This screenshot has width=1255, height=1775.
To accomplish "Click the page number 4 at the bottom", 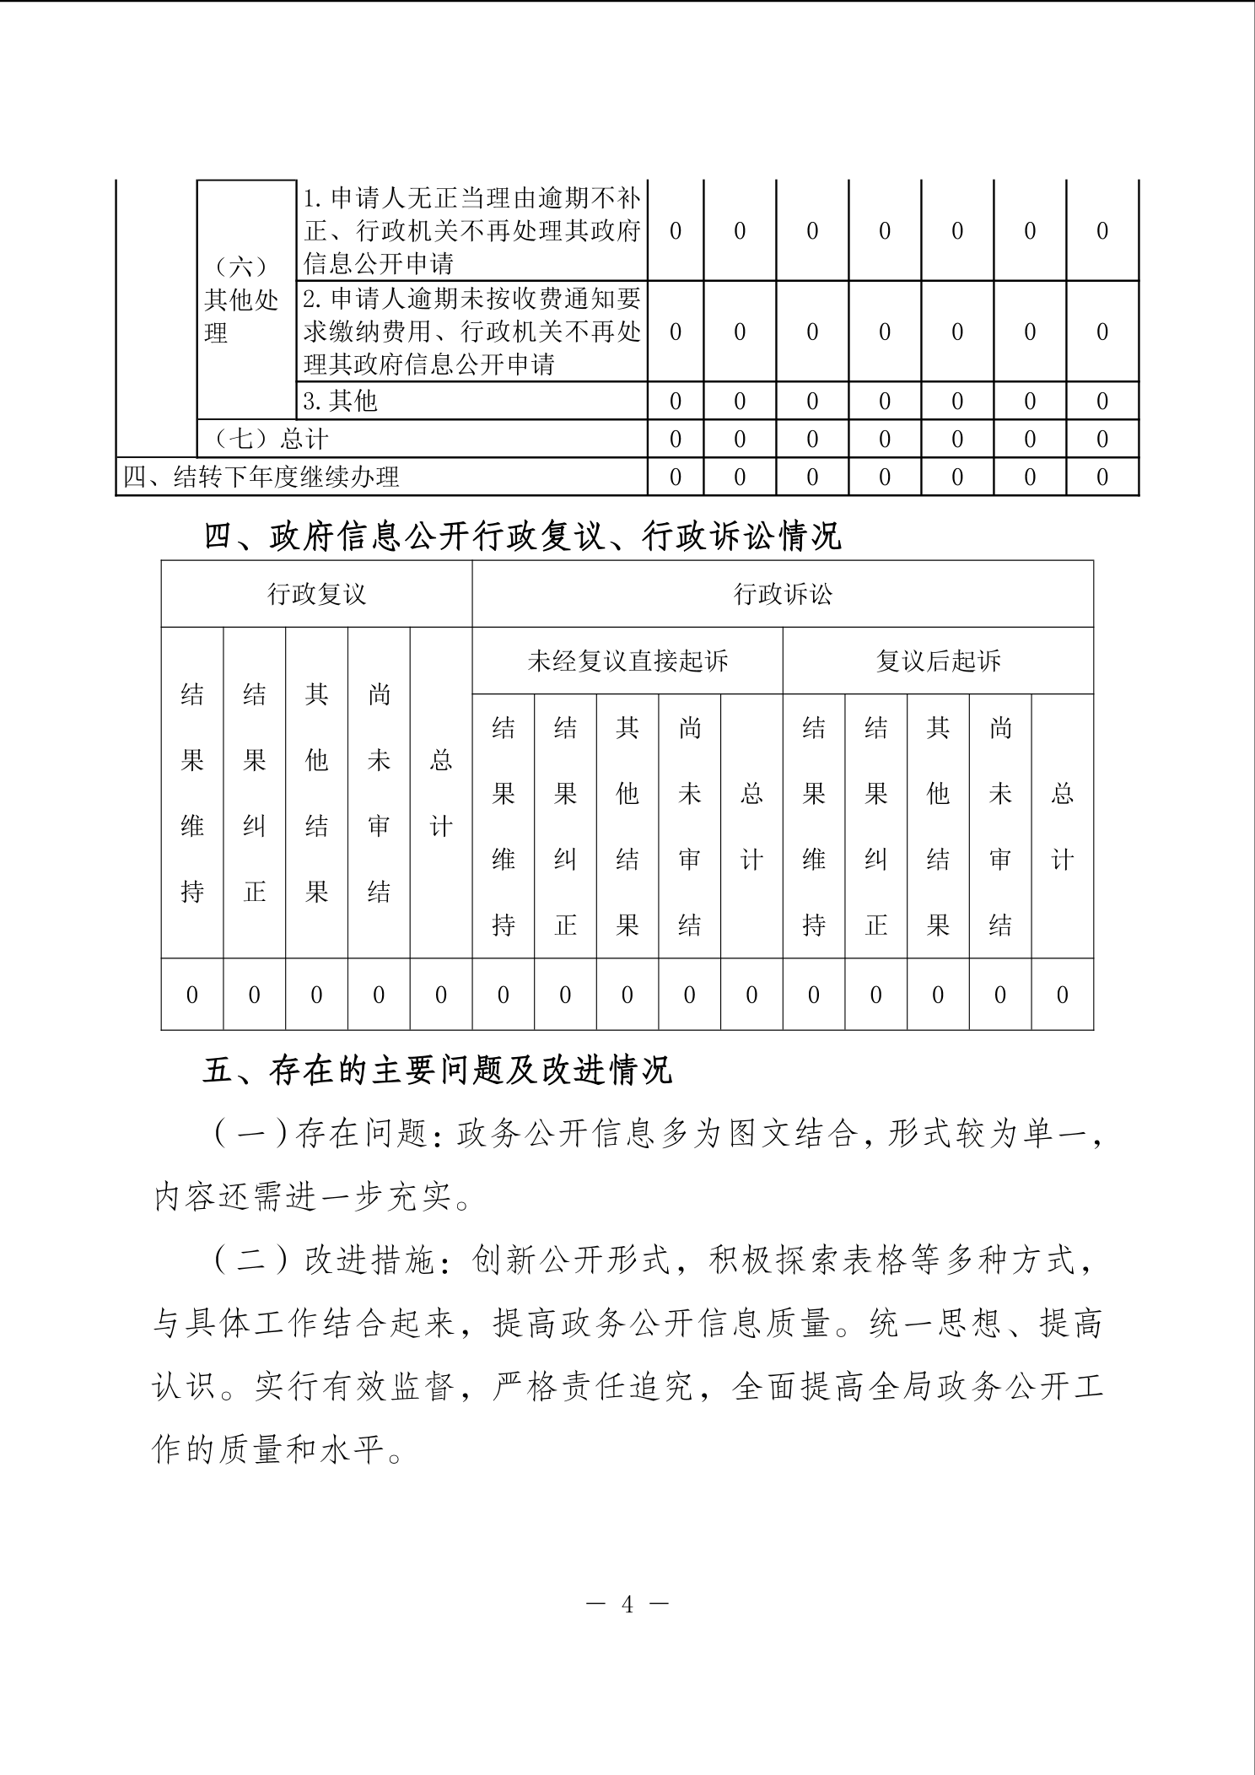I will tap(627, 1604).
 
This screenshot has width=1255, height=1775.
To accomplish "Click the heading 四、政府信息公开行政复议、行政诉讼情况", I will tap(522, 536).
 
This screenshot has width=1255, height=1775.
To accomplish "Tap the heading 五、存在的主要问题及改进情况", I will tap(437, 1070).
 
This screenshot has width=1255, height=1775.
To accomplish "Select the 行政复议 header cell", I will tap(316, 594).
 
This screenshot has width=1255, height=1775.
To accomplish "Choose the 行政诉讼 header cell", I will tap(783, 594).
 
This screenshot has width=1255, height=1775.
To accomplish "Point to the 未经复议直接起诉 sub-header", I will tap(627, 661).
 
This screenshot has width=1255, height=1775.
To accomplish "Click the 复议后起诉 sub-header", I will tap(938, 661).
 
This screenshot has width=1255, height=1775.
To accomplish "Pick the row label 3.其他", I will tap(340, 401).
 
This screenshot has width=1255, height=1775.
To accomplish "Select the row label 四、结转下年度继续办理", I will tap(261, 477).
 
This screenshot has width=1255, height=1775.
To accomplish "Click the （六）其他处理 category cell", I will tap(241, 299).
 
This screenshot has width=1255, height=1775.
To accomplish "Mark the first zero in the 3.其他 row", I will tap(675, 402).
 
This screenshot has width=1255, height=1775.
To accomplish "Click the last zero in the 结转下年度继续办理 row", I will tap(1101, 477).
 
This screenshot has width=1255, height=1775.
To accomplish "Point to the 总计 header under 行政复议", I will tap(441, 793).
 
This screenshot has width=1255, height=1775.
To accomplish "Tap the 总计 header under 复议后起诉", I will tap(1062, 826).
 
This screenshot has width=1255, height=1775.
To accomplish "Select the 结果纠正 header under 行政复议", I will tap(255, 793).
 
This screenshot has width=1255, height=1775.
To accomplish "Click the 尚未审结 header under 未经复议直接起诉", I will tap(690, 826).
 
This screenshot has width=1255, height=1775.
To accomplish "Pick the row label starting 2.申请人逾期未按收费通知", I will tap(472, 332).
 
